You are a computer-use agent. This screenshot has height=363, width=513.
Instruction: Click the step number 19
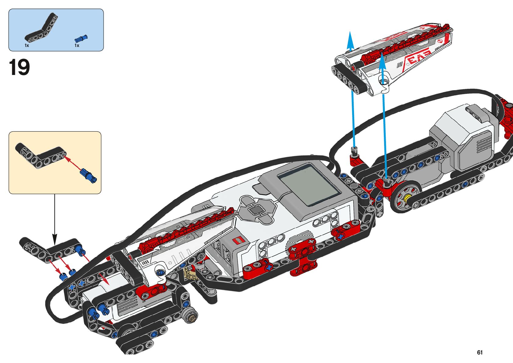[x=19, y=67]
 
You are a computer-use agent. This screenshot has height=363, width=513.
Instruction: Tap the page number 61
[x=480, y=352]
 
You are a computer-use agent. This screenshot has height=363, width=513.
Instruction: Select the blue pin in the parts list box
[x=81, y=38]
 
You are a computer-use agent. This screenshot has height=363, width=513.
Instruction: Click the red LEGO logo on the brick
[x=238, y=241]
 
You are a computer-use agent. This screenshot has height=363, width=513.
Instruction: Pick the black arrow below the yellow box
[x=55, y=219]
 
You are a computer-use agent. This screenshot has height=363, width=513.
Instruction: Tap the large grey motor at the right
[x=466, y=137]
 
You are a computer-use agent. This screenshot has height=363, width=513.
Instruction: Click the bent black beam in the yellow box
[x=40, y=155]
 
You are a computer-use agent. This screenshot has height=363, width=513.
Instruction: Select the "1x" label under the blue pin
[x=77, y=45]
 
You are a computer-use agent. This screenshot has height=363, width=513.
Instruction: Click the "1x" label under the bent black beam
[x=27, y=45]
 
